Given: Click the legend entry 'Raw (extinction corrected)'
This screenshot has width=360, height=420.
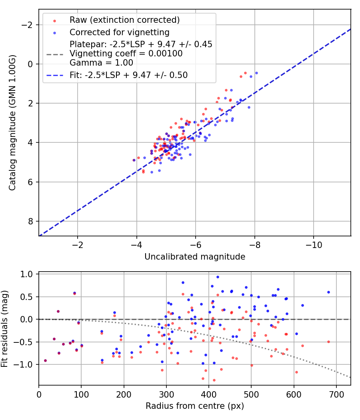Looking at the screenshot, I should point(124,20).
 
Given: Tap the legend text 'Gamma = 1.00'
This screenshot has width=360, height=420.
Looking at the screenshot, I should point(101,63).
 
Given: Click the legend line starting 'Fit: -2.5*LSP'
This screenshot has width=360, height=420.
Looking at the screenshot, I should point(128,75).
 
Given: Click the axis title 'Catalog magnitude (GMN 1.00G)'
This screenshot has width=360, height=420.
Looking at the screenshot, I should point(12,122).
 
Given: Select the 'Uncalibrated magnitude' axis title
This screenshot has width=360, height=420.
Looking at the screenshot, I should point(195,257).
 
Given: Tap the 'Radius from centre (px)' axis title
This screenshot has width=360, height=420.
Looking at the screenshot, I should point(195,406).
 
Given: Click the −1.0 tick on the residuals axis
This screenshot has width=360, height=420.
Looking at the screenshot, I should point(26,364).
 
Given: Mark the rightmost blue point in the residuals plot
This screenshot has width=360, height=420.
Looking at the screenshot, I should point(328,292).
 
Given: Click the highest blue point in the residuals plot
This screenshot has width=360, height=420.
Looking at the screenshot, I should point(218,277).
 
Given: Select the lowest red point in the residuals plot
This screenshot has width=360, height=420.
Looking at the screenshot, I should point(214,380).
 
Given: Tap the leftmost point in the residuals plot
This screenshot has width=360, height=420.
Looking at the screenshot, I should point(45,360).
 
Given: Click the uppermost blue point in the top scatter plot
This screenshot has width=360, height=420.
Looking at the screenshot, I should point(256,73).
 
